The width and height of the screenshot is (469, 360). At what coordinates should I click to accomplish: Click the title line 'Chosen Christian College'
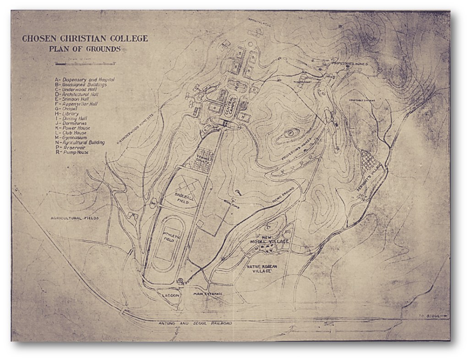coord(85,38)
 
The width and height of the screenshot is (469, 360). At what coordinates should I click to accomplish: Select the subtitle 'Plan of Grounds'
coord(85,49)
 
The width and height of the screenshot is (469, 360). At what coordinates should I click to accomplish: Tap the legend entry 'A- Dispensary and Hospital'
coord(84,79)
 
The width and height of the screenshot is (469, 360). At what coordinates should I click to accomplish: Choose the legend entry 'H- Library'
coord(67,114)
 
